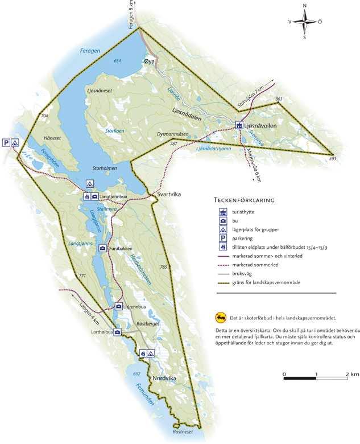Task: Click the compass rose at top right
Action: [305, 22]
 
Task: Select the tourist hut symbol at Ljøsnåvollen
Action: [239, 125]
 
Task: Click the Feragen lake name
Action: [90, 51]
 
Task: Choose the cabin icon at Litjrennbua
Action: [119, 306]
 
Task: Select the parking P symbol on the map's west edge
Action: [6, 143]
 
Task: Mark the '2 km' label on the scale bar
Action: [351, 374]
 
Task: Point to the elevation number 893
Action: [332, 160]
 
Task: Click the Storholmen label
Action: [105, 168]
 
